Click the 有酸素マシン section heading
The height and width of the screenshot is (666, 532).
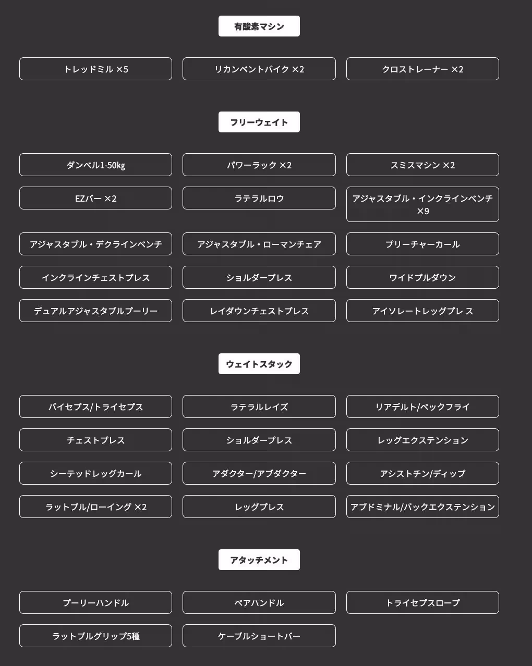[x=259, y=26]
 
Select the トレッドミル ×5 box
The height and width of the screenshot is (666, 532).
[x=95, y=69]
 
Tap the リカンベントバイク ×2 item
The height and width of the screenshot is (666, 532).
[x=259, y=69]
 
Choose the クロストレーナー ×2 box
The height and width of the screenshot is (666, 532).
[x=422, y=69]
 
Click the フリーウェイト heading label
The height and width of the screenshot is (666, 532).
[x=259, y=122]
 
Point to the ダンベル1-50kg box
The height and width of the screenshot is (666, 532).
[x=95, y=165]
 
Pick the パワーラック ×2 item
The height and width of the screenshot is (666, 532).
[x=259, y=165]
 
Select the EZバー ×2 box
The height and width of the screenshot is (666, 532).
[x=95, y=198]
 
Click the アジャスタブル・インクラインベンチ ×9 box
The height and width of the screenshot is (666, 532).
[x=422, y=204]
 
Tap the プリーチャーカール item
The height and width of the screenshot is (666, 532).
[x=422, y=244]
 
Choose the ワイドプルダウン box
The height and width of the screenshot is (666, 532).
[x=422, y=277]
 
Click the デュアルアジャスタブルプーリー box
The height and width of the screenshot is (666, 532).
[x=95, y=311]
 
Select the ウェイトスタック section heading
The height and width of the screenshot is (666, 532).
[x=259, y=364]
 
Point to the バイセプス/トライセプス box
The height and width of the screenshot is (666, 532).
[x=95, y=406]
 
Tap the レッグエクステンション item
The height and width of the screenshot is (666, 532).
[x=422, y=440]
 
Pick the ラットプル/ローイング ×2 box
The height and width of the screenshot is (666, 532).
[x=95, y=507]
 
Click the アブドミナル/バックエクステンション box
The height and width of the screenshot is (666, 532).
[x=422, y=507]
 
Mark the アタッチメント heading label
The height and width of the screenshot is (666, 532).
[x=259, y=560]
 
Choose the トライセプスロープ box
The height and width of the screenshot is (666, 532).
[x=422, y=602]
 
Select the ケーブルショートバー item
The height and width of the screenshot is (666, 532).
[x=259, y=636]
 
